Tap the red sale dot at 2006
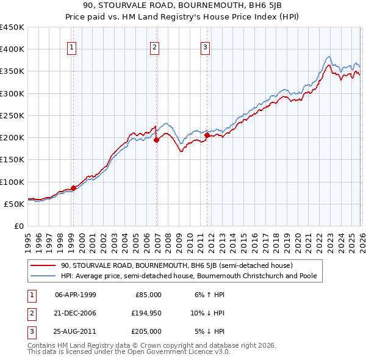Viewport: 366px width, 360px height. (x=156, y=140)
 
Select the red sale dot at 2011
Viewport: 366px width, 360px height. (x=207, y=135)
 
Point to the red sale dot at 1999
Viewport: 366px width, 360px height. (x=73, y=188)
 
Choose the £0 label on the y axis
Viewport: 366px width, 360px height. (x=18, y=226)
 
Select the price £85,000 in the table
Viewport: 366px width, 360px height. (x=148, y=294)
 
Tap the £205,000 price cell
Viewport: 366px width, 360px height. (x=146, y=331)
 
